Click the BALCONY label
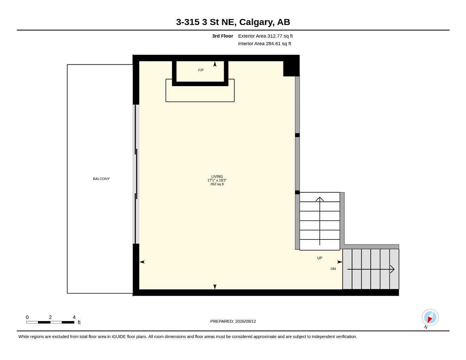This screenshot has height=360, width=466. tap(101, 179)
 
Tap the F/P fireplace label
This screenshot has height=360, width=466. tap(201, 70)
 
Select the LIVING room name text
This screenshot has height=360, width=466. tap(217, 176)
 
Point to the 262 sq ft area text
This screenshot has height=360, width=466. tap(217, 184)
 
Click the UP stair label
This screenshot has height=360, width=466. tap(320, 258)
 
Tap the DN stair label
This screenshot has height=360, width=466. tap(333, 269)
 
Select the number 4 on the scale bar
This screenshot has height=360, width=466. tap(74, 317)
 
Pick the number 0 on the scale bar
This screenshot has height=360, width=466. tap(27, 317)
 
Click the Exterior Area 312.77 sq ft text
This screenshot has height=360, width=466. tap(265, 36)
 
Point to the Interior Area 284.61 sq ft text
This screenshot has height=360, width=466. tap(264, 44)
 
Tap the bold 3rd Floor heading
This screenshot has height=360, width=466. tap(223, 36)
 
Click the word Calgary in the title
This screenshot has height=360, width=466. tap(257, 22)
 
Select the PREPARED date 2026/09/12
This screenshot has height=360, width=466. tap(245, 321)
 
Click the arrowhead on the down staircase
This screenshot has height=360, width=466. tap(392, 269)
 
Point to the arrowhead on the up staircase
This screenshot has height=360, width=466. tap(320, 199)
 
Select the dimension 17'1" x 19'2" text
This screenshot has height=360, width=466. tap(217, 180)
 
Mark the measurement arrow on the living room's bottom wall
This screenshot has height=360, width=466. tap(215, 287)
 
